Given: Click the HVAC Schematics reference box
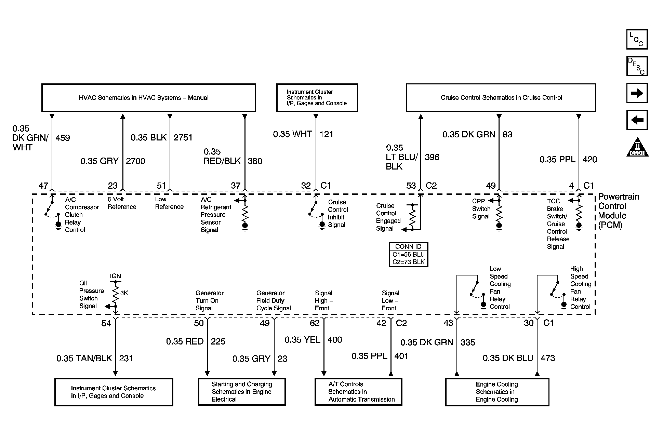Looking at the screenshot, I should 148,98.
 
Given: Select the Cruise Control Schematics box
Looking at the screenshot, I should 501,98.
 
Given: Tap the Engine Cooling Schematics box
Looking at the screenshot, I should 497,392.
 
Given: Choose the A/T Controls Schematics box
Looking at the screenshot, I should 358,392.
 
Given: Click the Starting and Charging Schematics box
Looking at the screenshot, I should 242,392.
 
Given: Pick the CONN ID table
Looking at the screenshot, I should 408,254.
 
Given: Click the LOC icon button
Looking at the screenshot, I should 637,39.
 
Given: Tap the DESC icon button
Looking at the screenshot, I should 637,66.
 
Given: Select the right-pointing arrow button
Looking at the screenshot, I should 637,93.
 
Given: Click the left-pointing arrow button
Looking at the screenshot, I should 637,120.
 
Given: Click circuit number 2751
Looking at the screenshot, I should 183,138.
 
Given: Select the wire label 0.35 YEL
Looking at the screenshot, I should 302,340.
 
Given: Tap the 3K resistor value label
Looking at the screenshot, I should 124,293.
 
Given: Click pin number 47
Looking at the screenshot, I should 43,186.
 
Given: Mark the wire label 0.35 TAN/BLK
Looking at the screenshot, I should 84,358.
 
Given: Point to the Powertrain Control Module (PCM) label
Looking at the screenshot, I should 618,211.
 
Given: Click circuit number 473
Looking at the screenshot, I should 548,358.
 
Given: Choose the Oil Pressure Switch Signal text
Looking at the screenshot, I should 91,295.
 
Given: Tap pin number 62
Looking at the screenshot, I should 314,323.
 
